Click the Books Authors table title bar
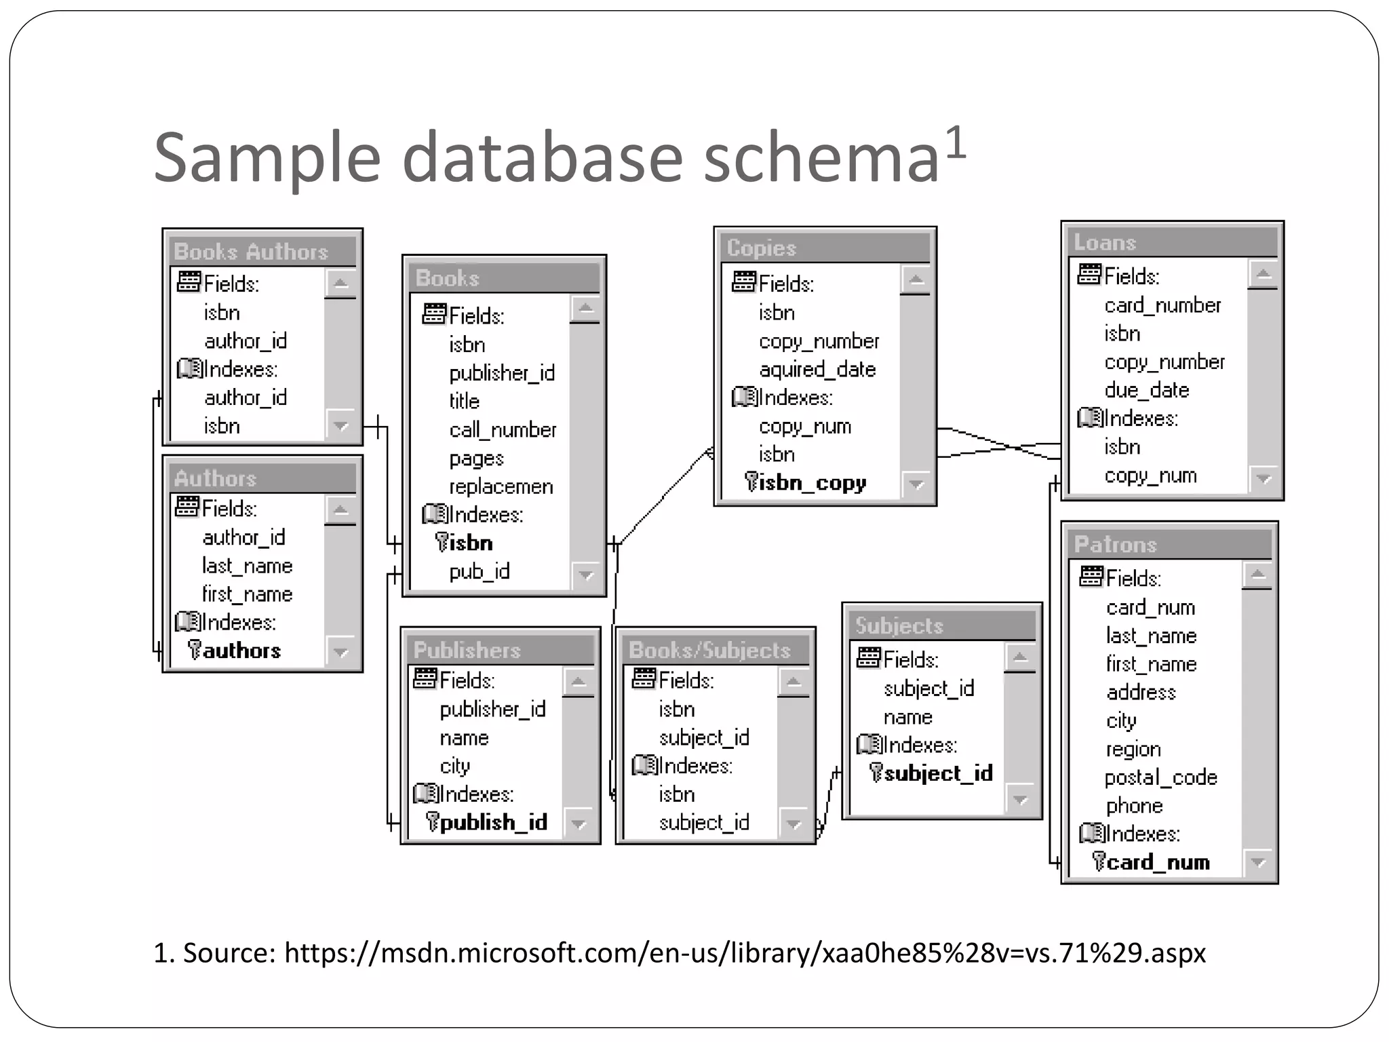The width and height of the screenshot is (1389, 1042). click(251, 252)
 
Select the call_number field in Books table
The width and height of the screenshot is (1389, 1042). click(502, 430)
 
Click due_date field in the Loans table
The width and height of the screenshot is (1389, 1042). click(1146, 390)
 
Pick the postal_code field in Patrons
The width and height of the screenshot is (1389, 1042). click(1160, 777)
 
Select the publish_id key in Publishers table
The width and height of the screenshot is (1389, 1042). click(493, 822)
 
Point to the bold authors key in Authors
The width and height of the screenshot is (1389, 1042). click(241, 651)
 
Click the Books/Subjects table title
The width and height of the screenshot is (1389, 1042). click(709, 650)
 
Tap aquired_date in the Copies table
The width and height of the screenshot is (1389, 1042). click(817, 370)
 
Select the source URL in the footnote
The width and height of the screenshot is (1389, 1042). click(745, 953)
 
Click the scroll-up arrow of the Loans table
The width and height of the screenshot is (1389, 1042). click(1262, 275)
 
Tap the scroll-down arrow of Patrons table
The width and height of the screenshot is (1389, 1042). click(1258, 863)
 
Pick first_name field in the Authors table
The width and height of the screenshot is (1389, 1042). click(247, 594)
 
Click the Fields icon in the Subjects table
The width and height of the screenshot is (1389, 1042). click(868, 658)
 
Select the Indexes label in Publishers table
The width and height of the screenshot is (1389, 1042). click(475, 794)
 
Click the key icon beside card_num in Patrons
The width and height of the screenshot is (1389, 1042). click(1099, 862)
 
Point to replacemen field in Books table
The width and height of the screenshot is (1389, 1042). click(501, 487)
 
